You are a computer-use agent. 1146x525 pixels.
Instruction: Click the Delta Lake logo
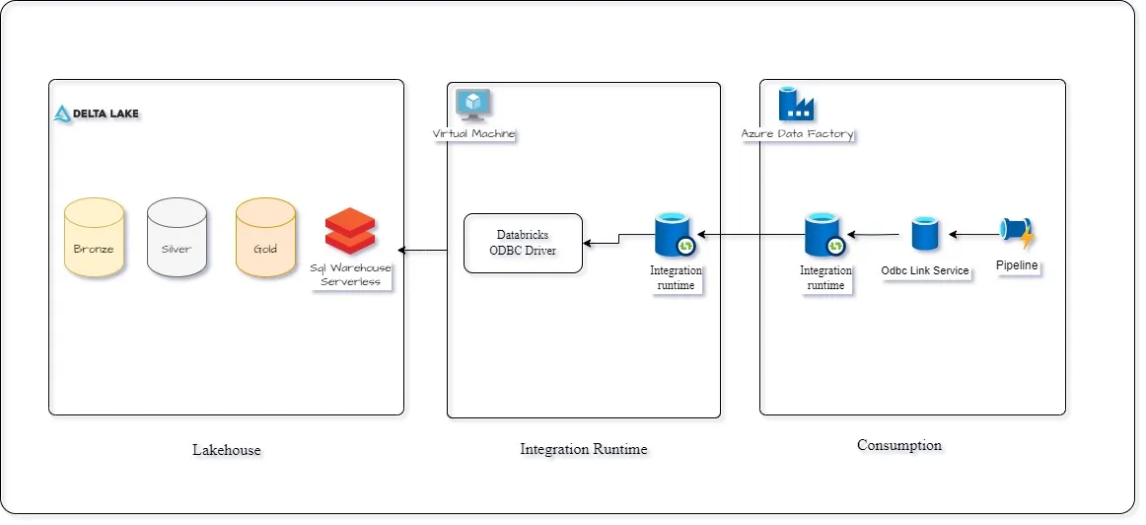pyautogui.click(x=96, y=113)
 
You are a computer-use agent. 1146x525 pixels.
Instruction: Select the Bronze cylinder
pyautogui.click(x=94, y=238)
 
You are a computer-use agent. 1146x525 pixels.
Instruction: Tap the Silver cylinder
pyautogui.click(x=177, y=238)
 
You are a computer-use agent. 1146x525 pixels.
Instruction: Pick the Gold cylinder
pyautogui.click(x=265, y=238)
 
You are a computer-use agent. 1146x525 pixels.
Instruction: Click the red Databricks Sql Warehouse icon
pyautogui.click(x=350, y=232)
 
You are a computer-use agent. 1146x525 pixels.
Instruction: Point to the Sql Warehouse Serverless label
pyautogui.click(x=350, y=274)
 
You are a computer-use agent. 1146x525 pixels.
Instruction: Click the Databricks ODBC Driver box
pyautogui.click(x=523, y=243)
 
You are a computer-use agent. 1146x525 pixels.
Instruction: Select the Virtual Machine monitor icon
pyautogui.click(x=473, y=104)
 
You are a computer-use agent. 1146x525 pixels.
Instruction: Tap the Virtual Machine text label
pyautogui.click(x=473, y=133)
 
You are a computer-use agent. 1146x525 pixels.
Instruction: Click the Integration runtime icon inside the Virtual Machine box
pyautogui.click(x=676, y=237)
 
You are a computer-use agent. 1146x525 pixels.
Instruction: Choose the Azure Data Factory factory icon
pyautogui.click(x=795, y=104)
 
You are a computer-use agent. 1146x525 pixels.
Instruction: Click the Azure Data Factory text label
pyautogui.click(x=797, y=133)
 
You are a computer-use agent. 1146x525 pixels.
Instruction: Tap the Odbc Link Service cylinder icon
pyautogui.click(x=925, y=235)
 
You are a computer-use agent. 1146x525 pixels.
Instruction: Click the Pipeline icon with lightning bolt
pyautogui.click(x=1016, y=234)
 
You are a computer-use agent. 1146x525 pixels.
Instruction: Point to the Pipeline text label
pyautogui.click(x=1017, y=266)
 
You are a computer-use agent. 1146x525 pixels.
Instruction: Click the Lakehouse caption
pyautogui.click(x=227, y=450)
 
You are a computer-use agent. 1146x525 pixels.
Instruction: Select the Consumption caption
pyautogui.click(x=898, y=445)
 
